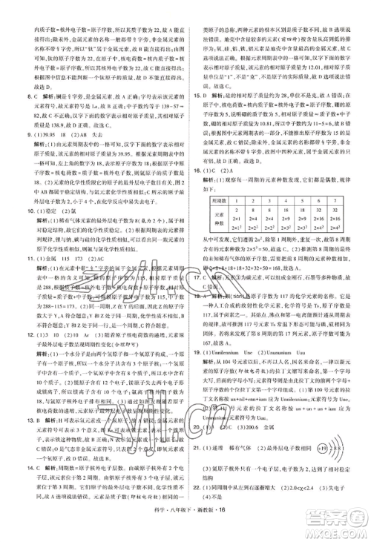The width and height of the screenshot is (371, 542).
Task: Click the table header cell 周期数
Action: (215, 180)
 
